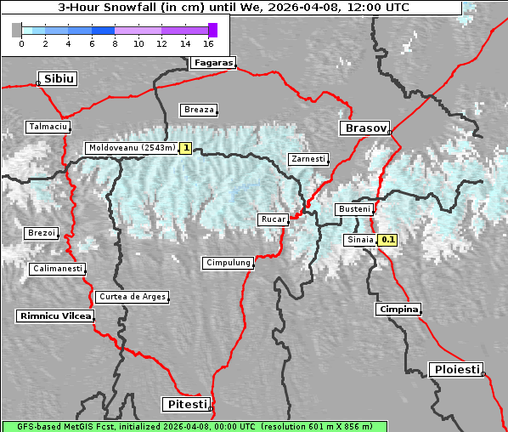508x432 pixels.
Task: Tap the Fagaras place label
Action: (x=212, y=63)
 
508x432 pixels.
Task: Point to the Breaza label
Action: (x=200, y=110)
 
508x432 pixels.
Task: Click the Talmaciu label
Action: (x=47, y=127)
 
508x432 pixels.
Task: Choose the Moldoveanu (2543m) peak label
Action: (x=132, y=148)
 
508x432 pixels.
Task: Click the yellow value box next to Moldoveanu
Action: (x=185, y=148)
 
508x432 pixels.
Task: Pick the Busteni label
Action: (x=353, y=209)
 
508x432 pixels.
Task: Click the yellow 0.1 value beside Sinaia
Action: (x=387, y=240)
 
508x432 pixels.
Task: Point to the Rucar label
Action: (x=274, y=219)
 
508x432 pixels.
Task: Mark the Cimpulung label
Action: (x=229, y=263)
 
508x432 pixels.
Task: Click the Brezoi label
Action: (x=41, y=233)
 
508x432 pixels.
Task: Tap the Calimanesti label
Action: (x=57, y=269)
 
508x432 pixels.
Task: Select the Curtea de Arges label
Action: (x=132, y=297)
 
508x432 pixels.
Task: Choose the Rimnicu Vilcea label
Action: (x=54, y=315)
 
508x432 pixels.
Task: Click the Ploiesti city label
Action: (x=456, y=369)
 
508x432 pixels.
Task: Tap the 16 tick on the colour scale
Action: (x=208, y=43)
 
